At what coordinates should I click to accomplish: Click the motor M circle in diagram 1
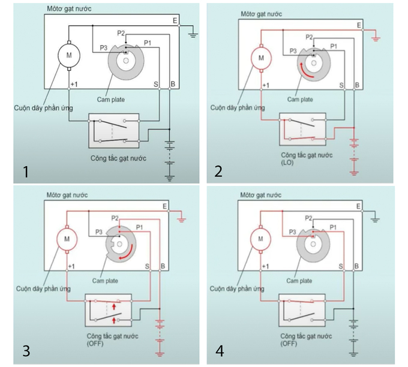point(68,55)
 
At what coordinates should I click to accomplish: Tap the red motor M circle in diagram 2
point(260,58)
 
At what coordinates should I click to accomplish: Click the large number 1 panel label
point(25,172)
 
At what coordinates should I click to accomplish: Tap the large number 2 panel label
point(218,172)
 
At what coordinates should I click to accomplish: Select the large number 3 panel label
point(25,351)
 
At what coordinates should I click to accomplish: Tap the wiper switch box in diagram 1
point(113,130)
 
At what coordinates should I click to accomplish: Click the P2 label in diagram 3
point(115,218)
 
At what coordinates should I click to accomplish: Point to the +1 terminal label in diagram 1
point(74,84)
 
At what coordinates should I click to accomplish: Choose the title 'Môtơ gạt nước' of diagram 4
point(260,194)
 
